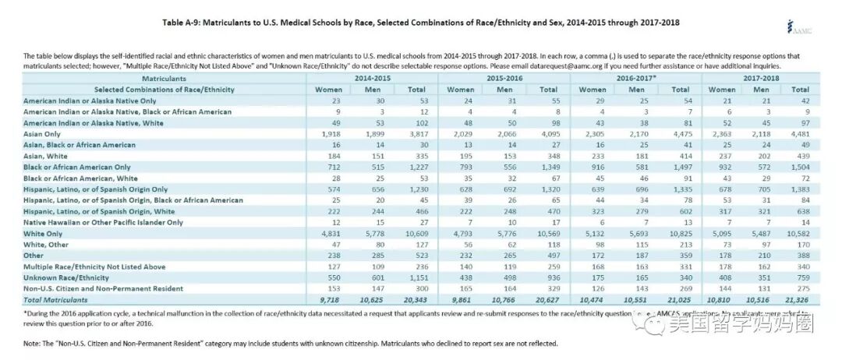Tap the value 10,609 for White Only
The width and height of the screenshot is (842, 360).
[x=416, y=232]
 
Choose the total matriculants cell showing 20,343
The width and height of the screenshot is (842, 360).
[x=416, y=298]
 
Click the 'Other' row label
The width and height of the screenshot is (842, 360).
[x=34, y=254]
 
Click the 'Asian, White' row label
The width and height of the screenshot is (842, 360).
[x=47, y=155]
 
